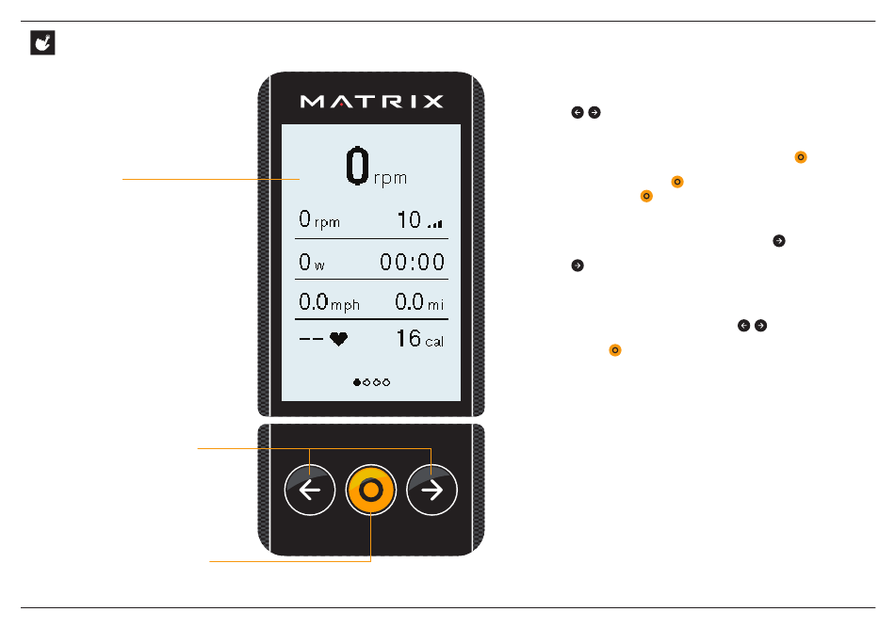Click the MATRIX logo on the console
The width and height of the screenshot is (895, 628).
(x=371, y=101)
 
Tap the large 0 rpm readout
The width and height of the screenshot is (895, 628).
(x=376, y=169)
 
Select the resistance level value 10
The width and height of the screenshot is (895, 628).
(x=409, y=220)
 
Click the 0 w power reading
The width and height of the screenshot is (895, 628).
(x=312, y=263)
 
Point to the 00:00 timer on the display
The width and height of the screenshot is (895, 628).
(x=412, y=263)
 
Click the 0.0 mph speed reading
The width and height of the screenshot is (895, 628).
(x=329, y=302)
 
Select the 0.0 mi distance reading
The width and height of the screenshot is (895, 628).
(x=418, y=302)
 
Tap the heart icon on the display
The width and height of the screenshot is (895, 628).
(x=337, y=340)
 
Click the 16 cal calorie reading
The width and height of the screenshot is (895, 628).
(x=419, y=339)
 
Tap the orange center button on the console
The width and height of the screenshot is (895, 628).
(x=371, y=491)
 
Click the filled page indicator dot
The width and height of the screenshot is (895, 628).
(x=357, y=383)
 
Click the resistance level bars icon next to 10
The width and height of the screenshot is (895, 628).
(x=434, y=224)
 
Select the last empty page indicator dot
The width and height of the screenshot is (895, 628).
(x=386, y=383)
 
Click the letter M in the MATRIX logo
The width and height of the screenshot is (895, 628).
(x=312, y=101)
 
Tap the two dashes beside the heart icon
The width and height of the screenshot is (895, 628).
(x=311, y=340)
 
